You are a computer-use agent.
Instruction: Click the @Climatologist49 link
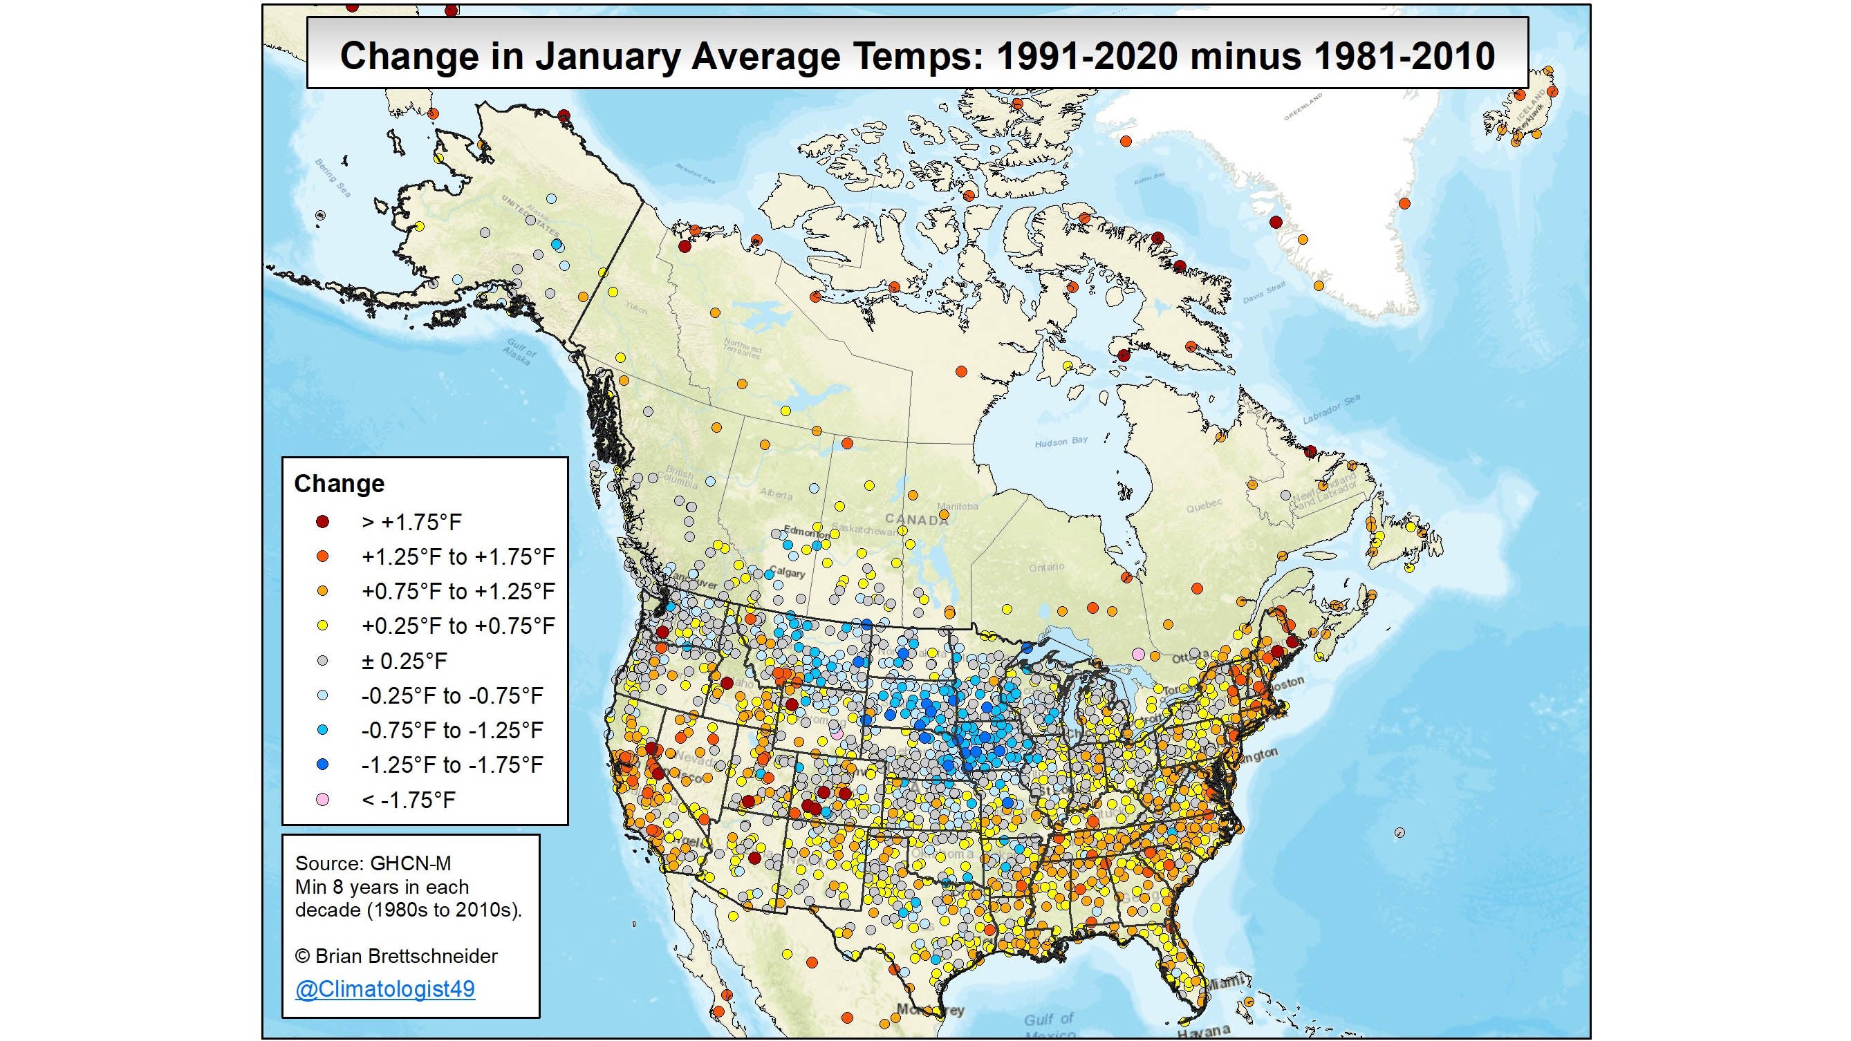(384, 988)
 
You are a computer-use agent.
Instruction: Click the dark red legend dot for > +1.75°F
(323, 523)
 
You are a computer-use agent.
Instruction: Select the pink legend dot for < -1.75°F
(323, 800)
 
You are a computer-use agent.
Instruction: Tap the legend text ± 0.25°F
(404, 661)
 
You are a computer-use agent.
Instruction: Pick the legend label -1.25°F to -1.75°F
(452, 765)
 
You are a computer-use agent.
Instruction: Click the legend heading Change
(339, 483)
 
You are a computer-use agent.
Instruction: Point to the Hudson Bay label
(1061, 442)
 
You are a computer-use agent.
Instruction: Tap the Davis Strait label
(1264, 292)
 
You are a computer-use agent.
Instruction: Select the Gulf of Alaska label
(520, 352)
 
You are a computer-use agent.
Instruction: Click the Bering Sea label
(333, 178)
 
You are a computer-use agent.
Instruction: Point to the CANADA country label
(916, 519)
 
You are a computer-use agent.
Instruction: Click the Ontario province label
(1046, 568)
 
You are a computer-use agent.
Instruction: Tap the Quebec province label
(1204, 505)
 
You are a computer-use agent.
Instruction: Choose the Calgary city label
(787, 572)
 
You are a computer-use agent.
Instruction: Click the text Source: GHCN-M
(373, 863)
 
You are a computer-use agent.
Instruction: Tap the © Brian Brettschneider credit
(396, 956)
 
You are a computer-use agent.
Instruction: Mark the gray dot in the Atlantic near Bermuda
(1399, 833)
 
